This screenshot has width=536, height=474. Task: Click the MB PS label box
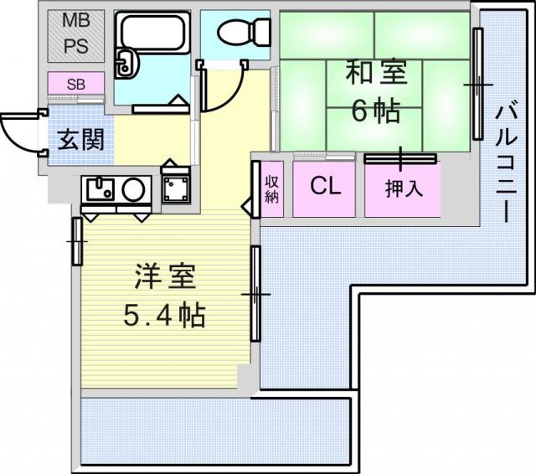click(x=76, y=36)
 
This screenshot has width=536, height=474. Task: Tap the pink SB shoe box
click(x=76, y=84)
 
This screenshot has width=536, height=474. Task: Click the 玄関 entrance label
click(x=80, y=140)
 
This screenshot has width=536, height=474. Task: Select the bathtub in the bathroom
click(x=152, y=33)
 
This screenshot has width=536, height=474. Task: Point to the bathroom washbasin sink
click(x=126, y=64)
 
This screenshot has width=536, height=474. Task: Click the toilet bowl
click(x=244, y=32)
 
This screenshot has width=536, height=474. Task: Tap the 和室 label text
click(x=376, y=73)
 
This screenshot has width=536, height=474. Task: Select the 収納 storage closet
click(x=272, y=189)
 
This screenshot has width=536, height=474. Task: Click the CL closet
click(x=324, y=189)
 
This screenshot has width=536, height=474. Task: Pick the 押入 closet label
click(x=404, y=188)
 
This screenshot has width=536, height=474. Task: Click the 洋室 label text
click(x=165, y=276)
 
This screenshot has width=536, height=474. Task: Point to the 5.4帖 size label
click(x=164, y=315)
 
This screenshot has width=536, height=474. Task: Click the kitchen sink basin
click(x=100, y=189)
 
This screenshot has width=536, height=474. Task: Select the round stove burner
click(x=134, y=189)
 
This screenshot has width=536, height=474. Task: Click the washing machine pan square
click(x=176, y=189)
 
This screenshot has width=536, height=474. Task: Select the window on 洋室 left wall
click(x=77, y=242)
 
